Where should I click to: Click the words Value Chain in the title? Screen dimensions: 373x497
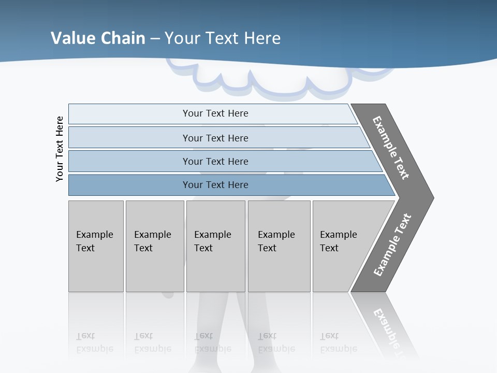click(x=98, y=38)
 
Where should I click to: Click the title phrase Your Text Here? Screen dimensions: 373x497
click(x=223, y=38)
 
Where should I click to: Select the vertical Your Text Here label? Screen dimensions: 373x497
click(x=60, y=149)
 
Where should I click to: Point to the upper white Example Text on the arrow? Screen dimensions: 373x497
click(x=391, y=148)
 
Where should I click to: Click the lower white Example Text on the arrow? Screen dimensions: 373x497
click(x=392, y=245)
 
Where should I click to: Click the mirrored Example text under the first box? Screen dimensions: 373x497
click(x=94, y=343)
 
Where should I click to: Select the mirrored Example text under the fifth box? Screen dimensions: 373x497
click(x=338, y=343)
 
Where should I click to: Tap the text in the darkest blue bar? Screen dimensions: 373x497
click(x=215, y=185)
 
